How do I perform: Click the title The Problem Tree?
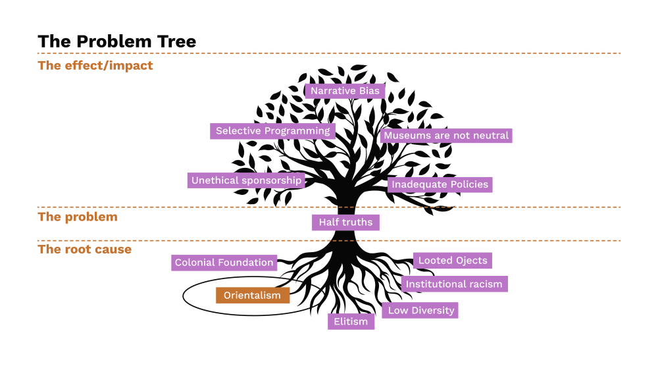point(116,41)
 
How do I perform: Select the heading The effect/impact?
point(95,65)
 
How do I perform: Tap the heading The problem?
point(78,217)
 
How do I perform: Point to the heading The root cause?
point(85,250)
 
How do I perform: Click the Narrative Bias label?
point(345,91)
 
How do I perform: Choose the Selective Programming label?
point(272,131)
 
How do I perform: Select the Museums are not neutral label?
point(446,136)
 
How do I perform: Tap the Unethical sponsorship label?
point(246,180)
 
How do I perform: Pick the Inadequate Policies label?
point(440,184)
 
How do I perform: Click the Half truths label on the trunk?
point(345,223)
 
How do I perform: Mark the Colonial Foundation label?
point(224,263)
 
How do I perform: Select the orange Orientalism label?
point(252,296)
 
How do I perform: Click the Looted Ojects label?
point(453,261)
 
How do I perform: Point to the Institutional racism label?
point(454,284)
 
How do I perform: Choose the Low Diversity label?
point(420,310)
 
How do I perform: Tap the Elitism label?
point(351,322)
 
